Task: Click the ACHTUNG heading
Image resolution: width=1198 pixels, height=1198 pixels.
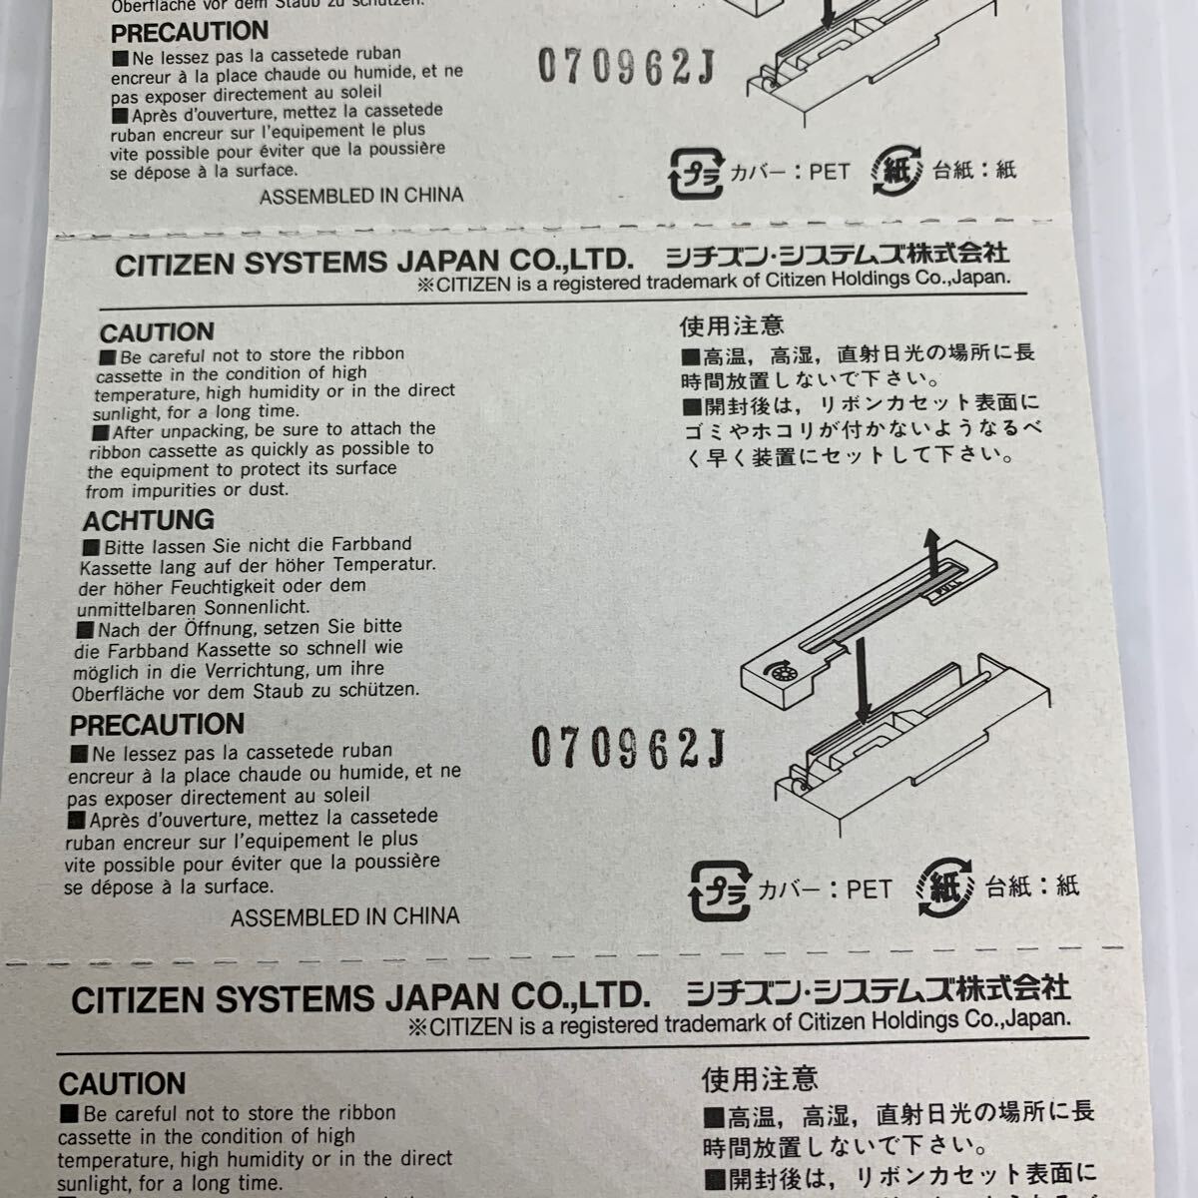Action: click(x=148, y=520)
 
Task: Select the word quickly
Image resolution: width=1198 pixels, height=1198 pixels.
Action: click(x=301, y=449)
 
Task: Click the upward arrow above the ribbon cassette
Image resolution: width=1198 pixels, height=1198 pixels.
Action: click(x=931, y=550)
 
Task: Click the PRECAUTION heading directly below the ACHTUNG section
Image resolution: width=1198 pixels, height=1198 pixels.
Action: click(x=157, y=725)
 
